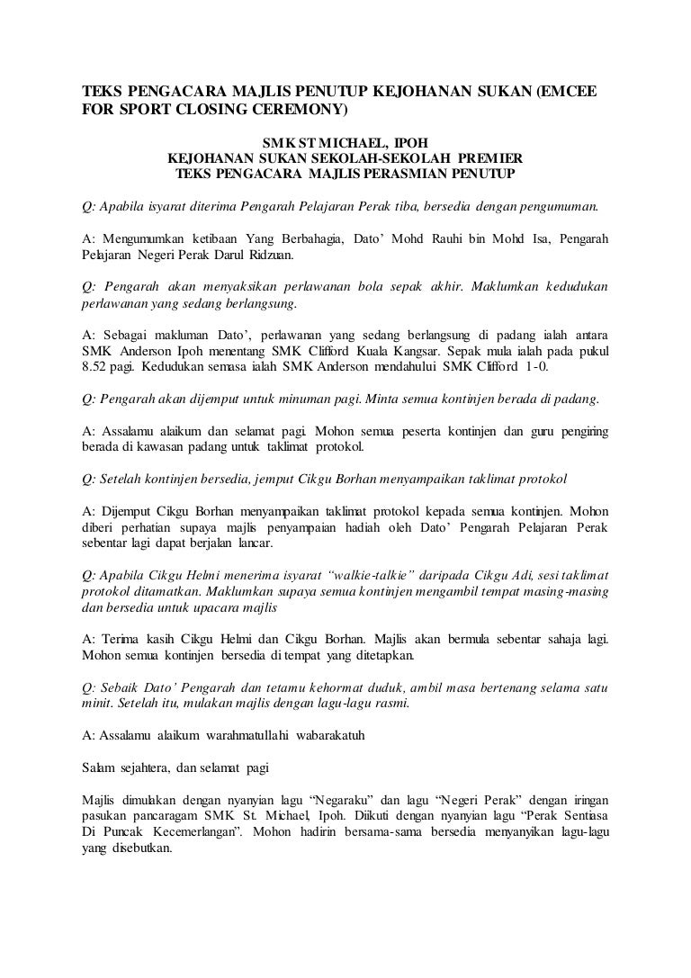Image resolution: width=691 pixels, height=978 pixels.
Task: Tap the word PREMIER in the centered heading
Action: tap(470, 157)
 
